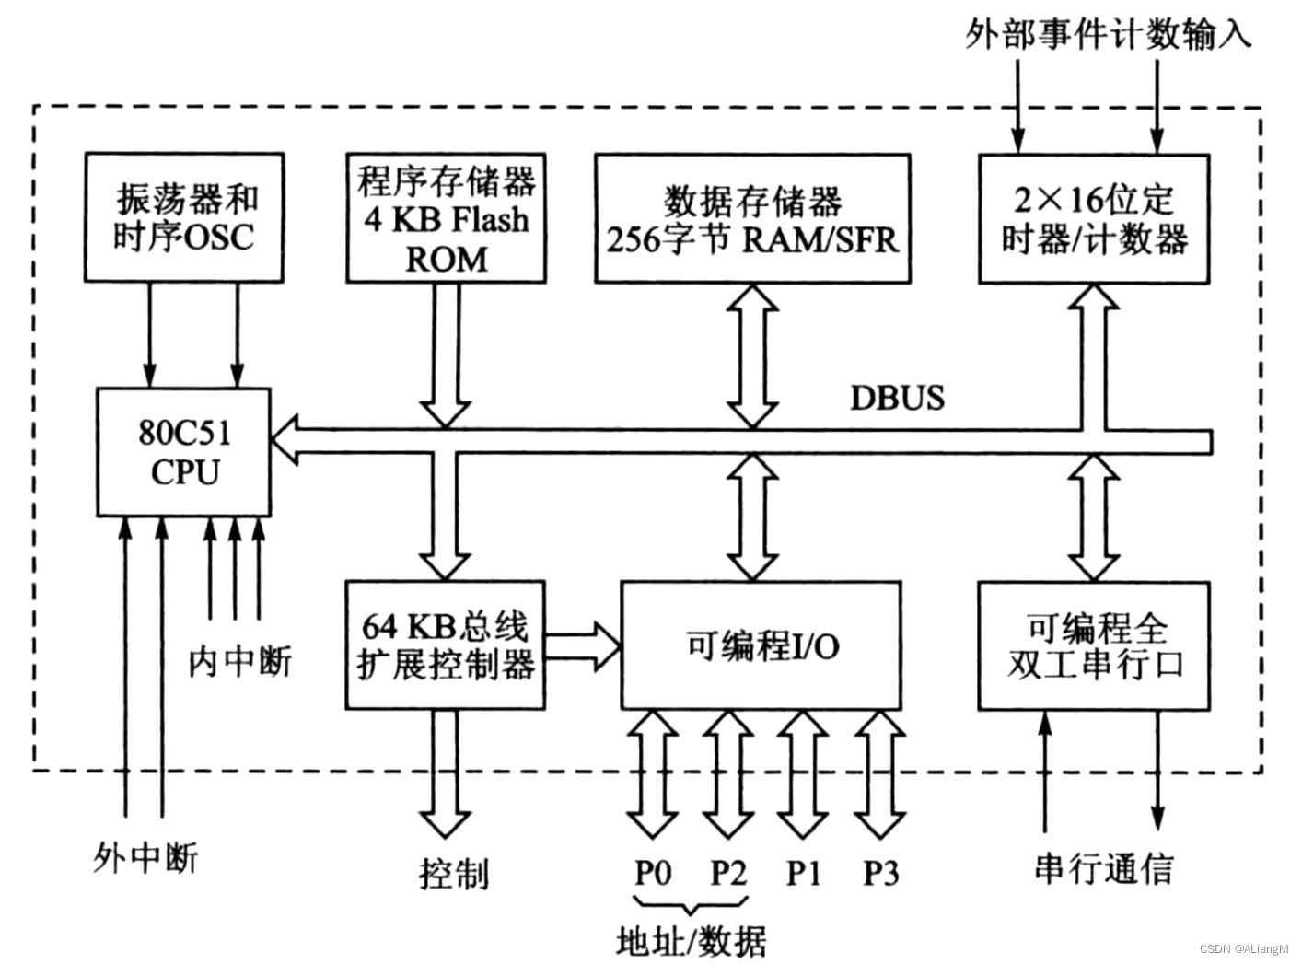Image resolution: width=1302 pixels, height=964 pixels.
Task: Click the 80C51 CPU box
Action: point(184,452)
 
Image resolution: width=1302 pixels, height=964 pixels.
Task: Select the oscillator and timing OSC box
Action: point(184,217)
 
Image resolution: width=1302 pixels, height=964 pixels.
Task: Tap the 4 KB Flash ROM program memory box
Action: point(446,217)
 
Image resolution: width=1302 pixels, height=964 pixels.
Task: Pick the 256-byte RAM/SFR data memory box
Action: point(751,219)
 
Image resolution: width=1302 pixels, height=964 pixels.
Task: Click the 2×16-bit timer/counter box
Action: point(1093,219)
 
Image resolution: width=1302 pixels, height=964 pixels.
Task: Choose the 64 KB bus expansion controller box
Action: point(446,645)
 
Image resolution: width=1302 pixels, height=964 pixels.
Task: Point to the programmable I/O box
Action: point(761,645)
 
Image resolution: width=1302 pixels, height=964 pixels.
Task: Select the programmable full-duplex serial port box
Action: point(1093,645)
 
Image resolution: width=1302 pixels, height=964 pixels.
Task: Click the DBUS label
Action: point(897,398)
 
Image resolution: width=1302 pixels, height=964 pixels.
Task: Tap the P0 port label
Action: point(653,871)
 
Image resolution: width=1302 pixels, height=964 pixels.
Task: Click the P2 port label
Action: point(727,871)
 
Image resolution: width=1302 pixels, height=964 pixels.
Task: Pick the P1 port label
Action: point(803,871)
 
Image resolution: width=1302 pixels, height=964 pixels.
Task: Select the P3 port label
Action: point(880,871)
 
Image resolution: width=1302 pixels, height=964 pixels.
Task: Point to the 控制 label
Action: point(453,873)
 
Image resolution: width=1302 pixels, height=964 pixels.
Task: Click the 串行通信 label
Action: point(1103,867)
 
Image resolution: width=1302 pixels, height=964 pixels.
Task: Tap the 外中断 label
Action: point(145,857)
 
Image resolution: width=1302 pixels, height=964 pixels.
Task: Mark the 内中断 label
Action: point(239,661)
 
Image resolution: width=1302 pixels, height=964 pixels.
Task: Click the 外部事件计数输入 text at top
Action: point(1108,35)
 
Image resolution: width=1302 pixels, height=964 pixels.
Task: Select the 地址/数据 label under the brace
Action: point(691,941)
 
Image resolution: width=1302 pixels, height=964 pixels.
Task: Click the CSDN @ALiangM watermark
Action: point(1244,948)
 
